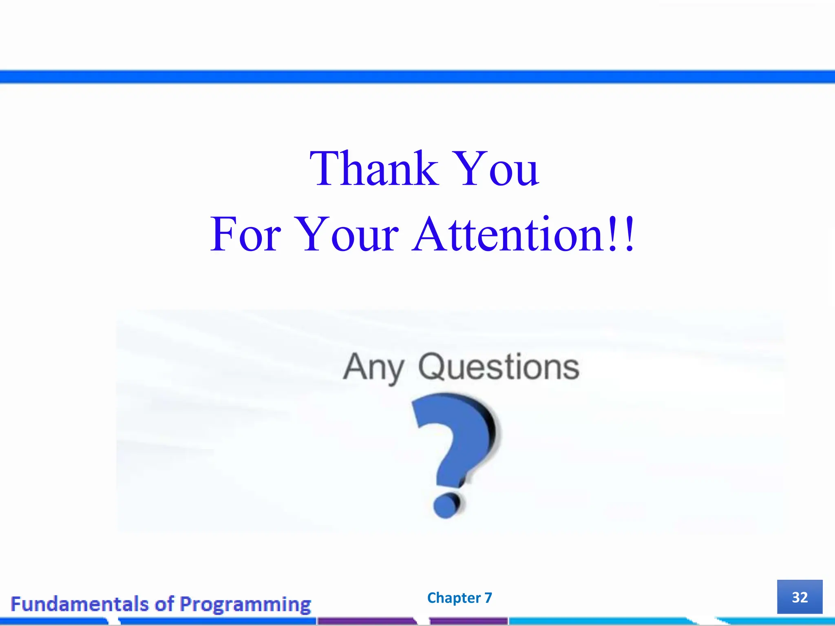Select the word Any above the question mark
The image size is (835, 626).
pos(373,368)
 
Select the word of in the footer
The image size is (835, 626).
pos(164,604)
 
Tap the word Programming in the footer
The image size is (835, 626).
pos(245,604)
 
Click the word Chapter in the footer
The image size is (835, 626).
pos(454,598)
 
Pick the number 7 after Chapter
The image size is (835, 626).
pos(488,598)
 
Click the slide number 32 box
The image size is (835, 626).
pos(800,597)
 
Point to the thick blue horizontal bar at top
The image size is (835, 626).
pos(417,77)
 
